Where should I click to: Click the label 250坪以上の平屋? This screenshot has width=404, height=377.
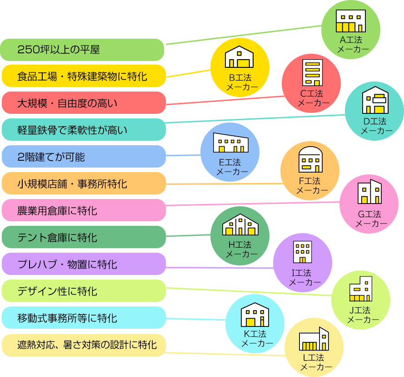pyautogui.click(x=58, y=50)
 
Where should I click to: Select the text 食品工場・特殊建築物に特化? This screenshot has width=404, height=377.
pyautogui.click(x=82, y=76)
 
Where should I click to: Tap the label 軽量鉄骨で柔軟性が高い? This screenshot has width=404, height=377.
pyautogui.click(x=72, y=131)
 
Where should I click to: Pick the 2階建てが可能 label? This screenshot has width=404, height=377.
pyautogui.click(x=51, y=158)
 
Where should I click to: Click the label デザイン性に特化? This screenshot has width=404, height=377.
pyautogui.click(x=57, y=291)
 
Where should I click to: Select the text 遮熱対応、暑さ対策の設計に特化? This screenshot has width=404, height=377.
pyautogui.click(x=87, y=345)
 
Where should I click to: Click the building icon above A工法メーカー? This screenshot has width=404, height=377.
pyautogui.click(x=350, y=20)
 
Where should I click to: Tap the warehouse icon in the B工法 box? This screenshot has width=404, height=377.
pyautogui.click(x=239, y=57)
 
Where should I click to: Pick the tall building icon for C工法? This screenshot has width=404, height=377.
pyautogui.click(x=312, y=72)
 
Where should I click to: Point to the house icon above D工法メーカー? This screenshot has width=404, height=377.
pyautogui.click(x=375, y=100)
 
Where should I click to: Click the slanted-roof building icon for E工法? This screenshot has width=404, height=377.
pyautogui.click(x=230, y=143)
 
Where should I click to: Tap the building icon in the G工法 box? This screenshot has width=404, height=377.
pyautogui.click(x=369, y=192)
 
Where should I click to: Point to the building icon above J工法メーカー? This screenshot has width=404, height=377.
pyautogui.click(x=360, y=289)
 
